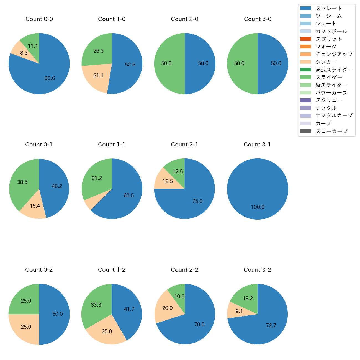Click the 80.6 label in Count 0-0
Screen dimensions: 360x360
[x=50, y=78]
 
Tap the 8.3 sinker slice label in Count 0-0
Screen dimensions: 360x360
[x=24, y=53]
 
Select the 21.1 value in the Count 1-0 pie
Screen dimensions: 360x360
[x=98, y=75]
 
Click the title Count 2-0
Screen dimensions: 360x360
[x=185, y=19]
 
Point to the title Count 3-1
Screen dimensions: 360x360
[x=257, y=145]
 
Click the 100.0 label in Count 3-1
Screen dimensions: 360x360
[x=258, y=207]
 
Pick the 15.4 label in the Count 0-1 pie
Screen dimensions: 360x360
[x=35, y=206]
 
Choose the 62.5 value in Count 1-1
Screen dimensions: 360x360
[x=129, y=195]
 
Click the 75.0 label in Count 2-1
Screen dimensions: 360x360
[x=197, y=201]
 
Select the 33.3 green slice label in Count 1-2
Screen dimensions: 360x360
[x=96, y=305]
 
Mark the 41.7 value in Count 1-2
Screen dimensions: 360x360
[x=129, y=309]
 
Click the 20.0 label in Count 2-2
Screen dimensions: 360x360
[x=168, y=308]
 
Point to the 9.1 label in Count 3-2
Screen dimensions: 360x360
[x=239, y=311]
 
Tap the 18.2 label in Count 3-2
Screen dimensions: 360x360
[x=248, y=298]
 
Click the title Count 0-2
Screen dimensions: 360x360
[x=39, y=270]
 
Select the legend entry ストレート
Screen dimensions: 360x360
[x=329, y=8]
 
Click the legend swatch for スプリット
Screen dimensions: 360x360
[x=305, y=39]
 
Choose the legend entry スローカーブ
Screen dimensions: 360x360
[x=331, y=131]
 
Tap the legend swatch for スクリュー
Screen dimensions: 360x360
[x=305, y=100]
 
